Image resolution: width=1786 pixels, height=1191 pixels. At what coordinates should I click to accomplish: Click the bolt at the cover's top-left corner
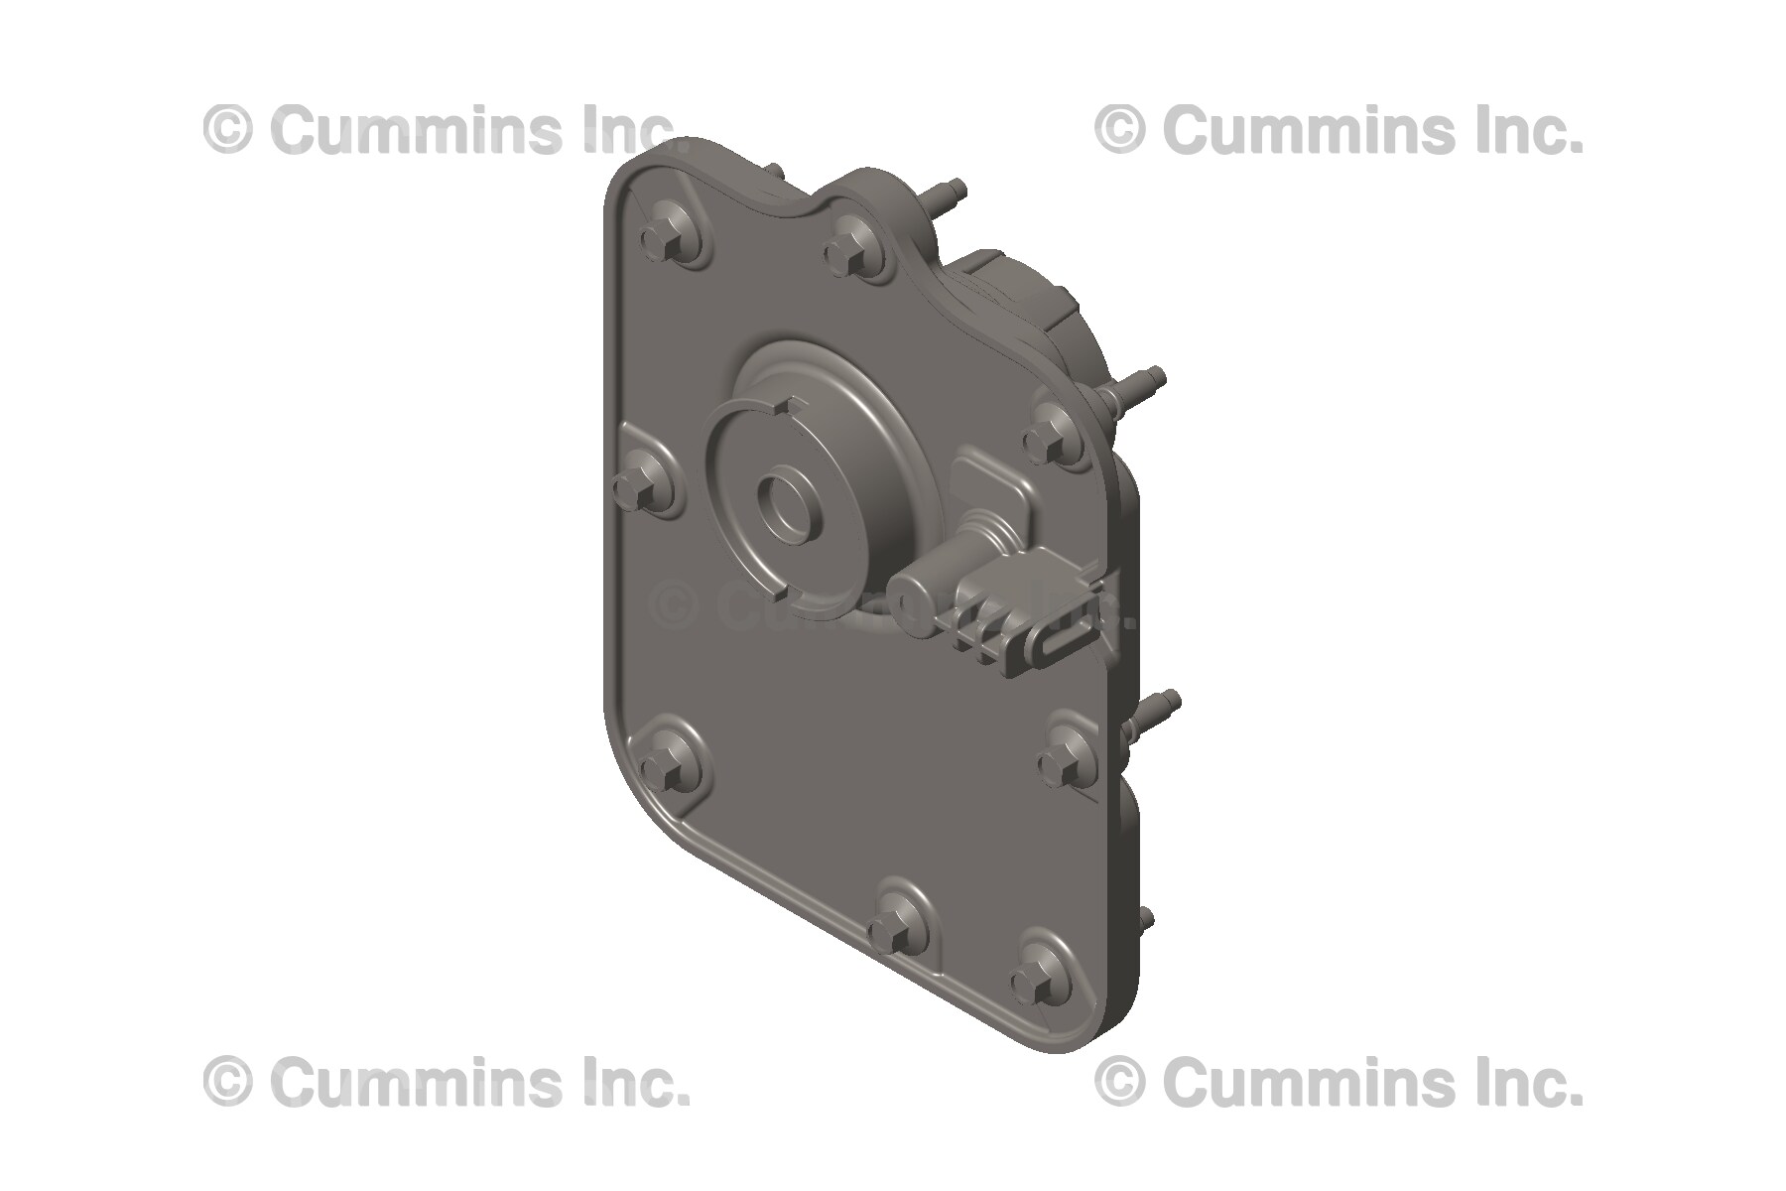[x=659, y=239]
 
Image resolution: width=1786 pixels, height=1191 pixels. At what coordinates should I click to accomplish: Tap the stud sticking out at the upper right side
[x=1141, y=382]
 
